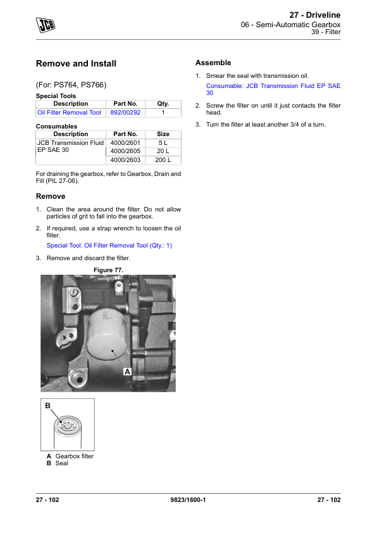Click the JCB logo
(x=46, y=25)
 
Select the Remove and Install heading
(x=76, y=63)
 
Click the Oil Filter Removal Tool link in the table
(x=69, y=113)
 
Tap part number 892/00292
(x=125, y=113)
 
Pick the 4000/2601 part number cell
(x=125, y=143)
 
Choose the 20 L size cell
(x=163, y=151)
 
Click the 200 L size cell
(x=163, y=160)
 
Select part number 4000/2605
(x=125, y=151)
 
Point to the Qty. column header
(x=163, y=104)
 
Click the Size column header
(x=163, y=134)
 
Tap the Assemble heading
(x=213, y=63)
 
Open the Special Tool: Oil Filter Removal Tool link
(x=109, y=246)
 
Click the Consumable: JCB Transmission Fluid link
(x=273, y=89)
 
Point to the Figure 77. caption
(x=108, y=270)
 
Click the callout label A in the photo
(x=127, y=372)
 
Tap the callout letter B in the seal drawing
(x=48, y=406)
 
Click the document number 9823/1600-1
(x=188, y=500)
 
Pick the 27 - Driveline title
(x=315, y=15)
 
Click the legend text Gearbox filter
(x=75, y=456)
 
